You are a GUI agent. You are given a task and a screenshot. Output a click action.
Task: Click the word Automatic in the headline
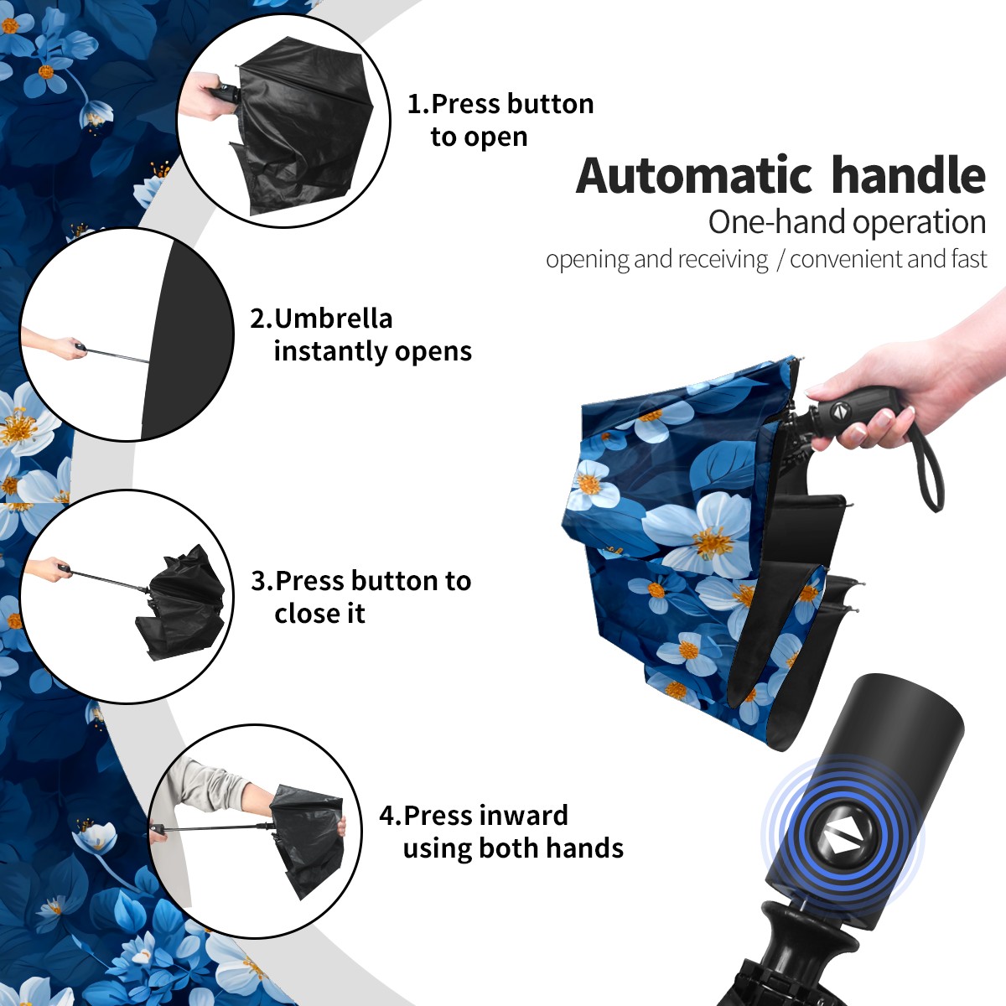pos(694,175)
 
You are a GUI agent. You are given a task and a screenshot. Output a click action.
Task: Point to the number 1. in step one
pos(418,104)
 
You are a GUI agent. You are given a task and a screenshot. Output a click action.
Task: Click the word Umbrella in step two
pos(334,319)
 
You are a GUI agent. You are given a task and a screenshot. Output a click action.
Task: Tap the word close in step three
pos(303,613)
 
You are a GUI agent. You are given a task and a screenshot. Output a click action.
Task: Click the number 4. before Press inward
pos(391,816)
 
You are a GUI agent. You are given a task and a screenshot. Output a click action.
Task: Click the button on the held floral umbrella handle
pos(840,411)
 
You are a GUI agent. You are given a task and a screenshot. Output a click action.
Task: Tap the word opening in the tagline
pos(588,260)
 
